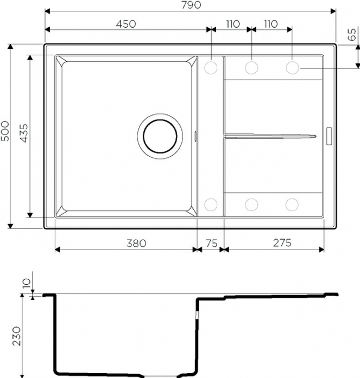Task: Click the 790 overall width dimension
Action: coord(191,5)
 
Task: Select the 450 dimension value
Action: coord(126,24)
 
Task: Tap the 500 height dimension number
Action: coord(5,131)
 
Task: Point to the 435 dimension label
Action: coord(24,133)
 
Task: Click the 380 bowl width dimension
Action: coord(136,244)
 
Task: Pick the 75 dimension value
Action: coord(212,244)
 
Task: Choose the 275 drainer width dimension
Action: coord(282,243)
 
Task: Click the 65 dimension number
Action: coord(352,35)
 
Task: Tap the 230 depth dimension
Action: coord(16,336)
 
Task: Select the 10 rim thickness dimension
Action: coord(27,283)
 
